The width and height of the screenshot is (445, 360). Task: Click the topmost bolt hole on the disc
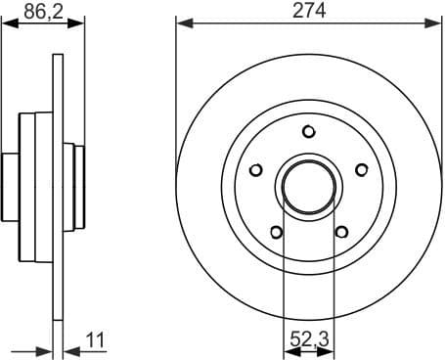(x=309, y=131)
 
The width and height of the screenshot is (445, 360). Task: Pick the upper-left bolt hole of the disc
(x=255, y=169)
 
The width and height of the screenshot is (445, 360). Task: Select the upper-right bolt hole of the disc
(x=362, y=169)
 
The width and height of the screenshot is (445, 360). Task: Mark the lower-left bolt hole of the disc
(x=276, y=232)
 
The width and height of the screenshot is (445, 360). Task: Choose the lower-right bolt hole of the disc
(x=341, y=232)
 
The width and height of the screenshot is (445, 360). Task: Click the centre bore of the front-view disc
(x=308, y=186)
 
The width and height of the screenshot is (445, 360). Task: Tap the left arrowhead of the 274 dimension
(x=182, y=22)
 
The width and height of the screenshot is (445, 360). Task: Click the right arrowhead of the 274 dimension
(x=436, y=22)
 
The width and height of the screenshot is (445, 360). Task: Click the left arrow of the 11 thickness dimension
(x=46, y=349)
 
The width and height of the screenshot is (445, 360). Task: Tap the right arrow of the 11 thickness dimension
(x=68, y=349)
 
